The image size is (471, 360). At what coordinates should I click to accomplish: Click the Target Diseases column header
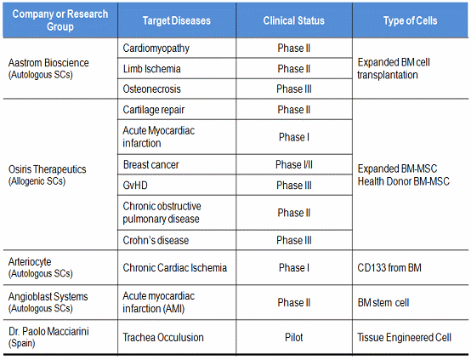tap(177, 20)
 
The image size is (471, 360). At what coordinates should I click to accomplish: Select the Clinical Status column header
tap(294, 20)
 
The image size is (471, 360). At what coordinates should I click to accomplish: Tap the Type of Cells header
tap(411, 20)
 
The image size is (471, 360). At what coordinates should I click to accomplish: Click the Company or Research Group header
tap(60, 20)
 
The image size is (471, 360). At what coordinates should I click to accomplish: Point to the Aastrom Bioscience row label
tap(48, 68)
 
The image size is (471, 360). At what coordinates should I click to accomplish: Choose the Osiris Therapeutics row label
tap(47, 174)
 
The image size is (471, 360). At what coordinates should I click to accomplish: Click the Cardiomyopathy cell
tap(156, 49)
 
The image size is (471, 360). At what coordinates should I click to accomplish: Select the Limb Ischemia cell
tap(151, 69)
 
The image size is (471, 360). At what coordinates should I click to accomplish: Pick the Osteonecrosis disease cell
tap(151, 89)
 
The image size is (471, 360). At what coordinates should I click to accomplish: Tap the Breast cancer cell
tap(150, 165)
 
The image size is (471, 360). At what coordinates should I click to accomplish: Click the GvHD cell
tap(135, 186)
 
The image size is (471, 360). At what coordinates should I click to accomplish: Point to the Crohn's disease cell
tap(156, 240)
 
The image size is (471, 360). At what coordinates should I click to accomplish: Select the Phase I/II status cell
tap(294, 165)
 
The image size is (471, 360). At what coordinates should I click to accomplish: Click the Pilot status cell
tap(294, 337)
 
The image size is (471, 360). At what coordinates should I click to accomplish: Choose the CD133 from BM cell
tap(389, 268)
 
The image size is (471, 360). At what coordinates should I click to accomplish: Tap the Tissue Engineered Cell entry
tap(405, 337)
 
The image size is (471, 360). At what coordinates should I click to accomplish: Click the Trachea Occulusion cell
tap(163, 337)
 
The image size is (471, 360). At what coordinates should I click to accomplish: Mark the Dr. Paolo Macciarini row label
tap(48, 337)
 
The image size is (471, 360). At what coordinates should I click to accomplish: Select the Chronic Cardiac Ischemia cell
tap(175, 268)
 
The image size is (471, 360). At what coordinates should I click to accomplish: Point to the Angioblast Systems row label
tap(48, 302)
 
